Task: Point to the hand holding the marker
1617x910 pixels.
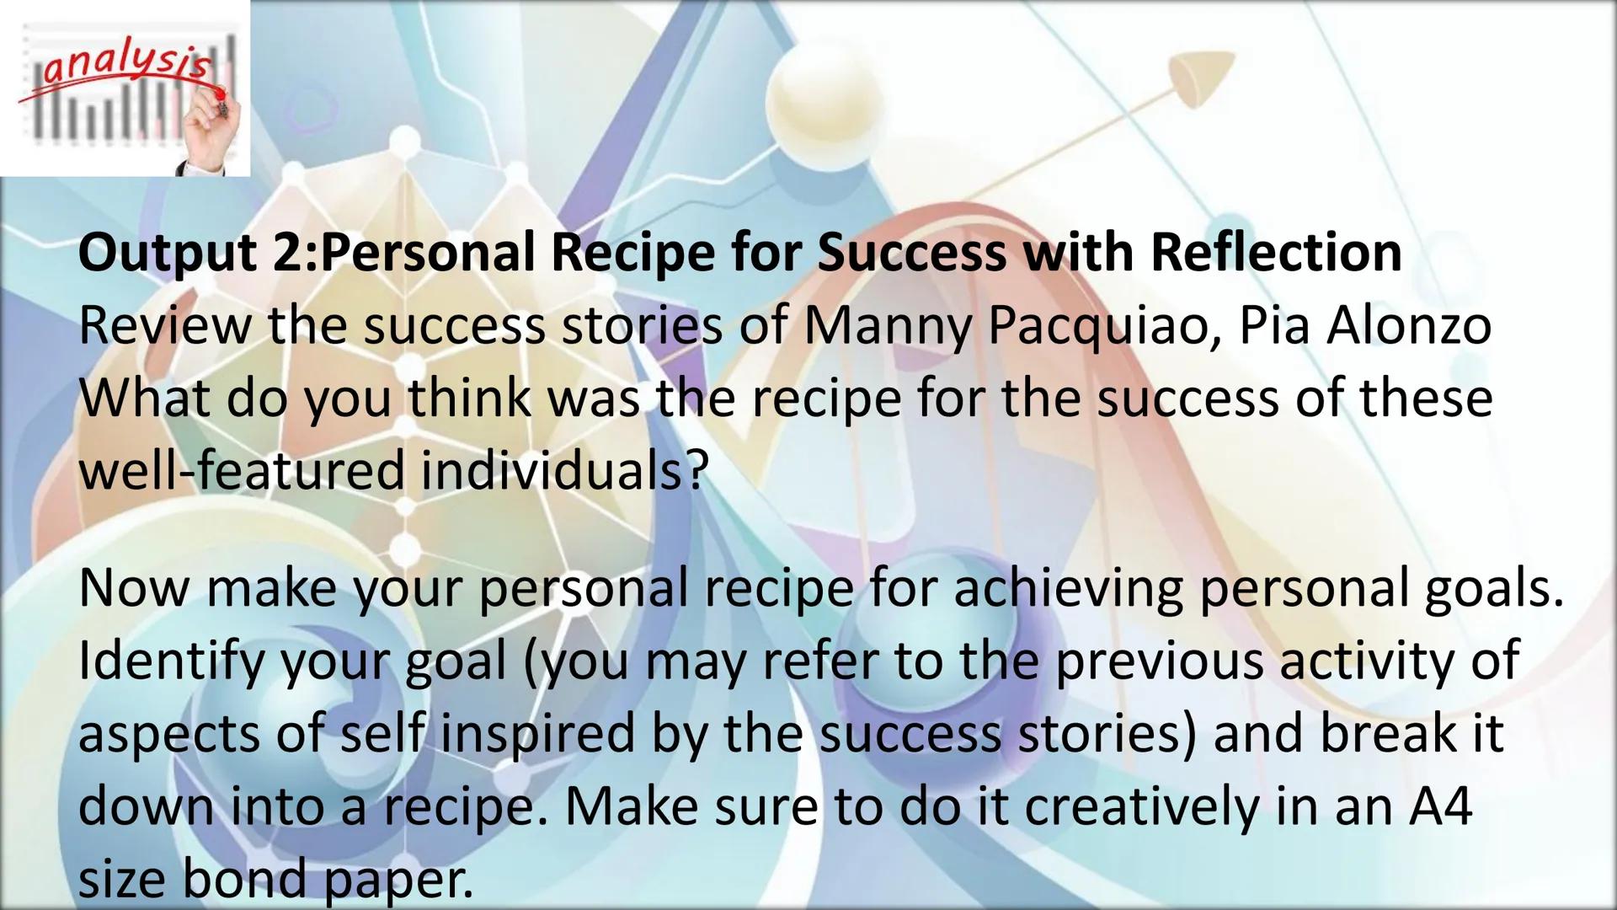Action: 211,126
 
